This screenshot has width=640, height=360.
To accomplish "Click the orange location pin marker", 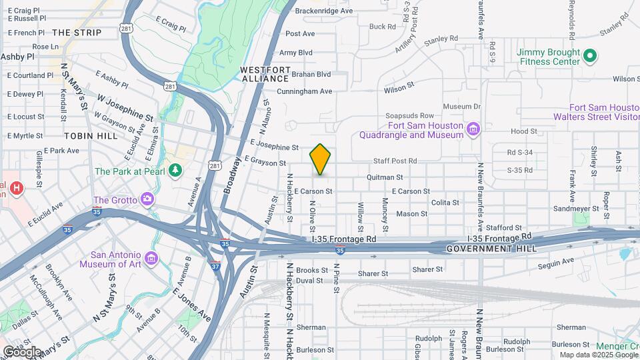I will (321, 159).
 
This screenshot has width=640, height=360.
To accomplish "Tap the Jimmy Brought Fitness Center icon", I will (589, 55).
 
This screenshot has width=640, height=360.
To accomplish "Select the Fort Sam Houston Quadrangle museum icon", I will (473, 128).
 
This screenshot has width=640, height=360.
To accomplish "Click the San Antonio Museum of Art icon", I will (151, 259).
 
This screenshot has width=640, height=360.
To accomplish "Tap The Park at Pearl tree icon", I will (176, 171).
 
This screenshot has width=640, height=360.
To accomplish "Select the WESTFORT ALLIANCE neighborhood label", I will (265, 74).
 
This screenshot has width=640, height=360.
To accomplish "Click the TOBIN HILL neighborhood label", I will (91, 135).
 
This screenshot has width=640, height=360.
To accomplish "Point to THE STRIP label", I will (77, 32).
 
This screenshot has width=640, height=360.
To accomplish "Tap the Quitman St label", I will (385, 177).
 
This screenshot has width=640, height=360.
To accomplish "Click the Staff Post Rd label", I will (395, 161).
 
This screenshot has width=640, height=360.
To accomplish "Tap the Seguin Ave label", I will (554, 262).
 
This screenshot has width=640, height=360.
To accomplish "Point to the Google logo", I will (23, 351).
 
